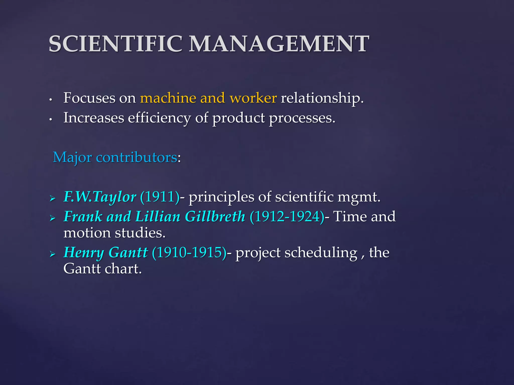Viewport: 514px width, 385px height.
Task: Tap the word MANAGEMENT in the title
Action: coord(279,44)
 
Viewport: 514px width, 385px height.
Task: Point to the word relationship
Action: coord(322,98)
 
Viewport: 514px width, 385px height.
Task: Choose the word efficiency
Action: coord(159,118)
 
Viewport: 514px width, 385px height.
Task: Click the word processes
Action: coord(302,118)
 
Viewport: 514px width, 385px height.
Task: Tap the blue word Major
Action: coord(72,158)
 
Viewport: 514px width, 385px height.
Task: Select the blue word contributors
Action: coord(137,157)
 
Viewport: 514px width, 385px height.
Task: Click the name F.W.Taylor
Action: coord(100,197)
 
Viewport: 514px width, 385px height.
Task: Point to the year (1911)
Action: coord(160,197)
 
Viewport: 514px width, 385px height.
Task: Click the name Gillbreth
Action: coord(215,216)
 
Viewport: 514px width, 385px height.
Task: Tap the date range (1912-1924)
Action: coord(287,216)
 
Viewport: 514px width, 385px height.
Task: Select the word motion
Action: coord(87,233)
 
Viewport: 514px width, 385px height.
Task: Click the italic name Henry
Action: coord(84,253)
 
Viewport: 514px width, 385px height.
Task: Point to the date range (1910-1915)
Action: coord(189,252)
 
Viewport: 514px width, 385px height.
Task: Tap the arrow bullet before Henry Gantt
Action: coord(52,254)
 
